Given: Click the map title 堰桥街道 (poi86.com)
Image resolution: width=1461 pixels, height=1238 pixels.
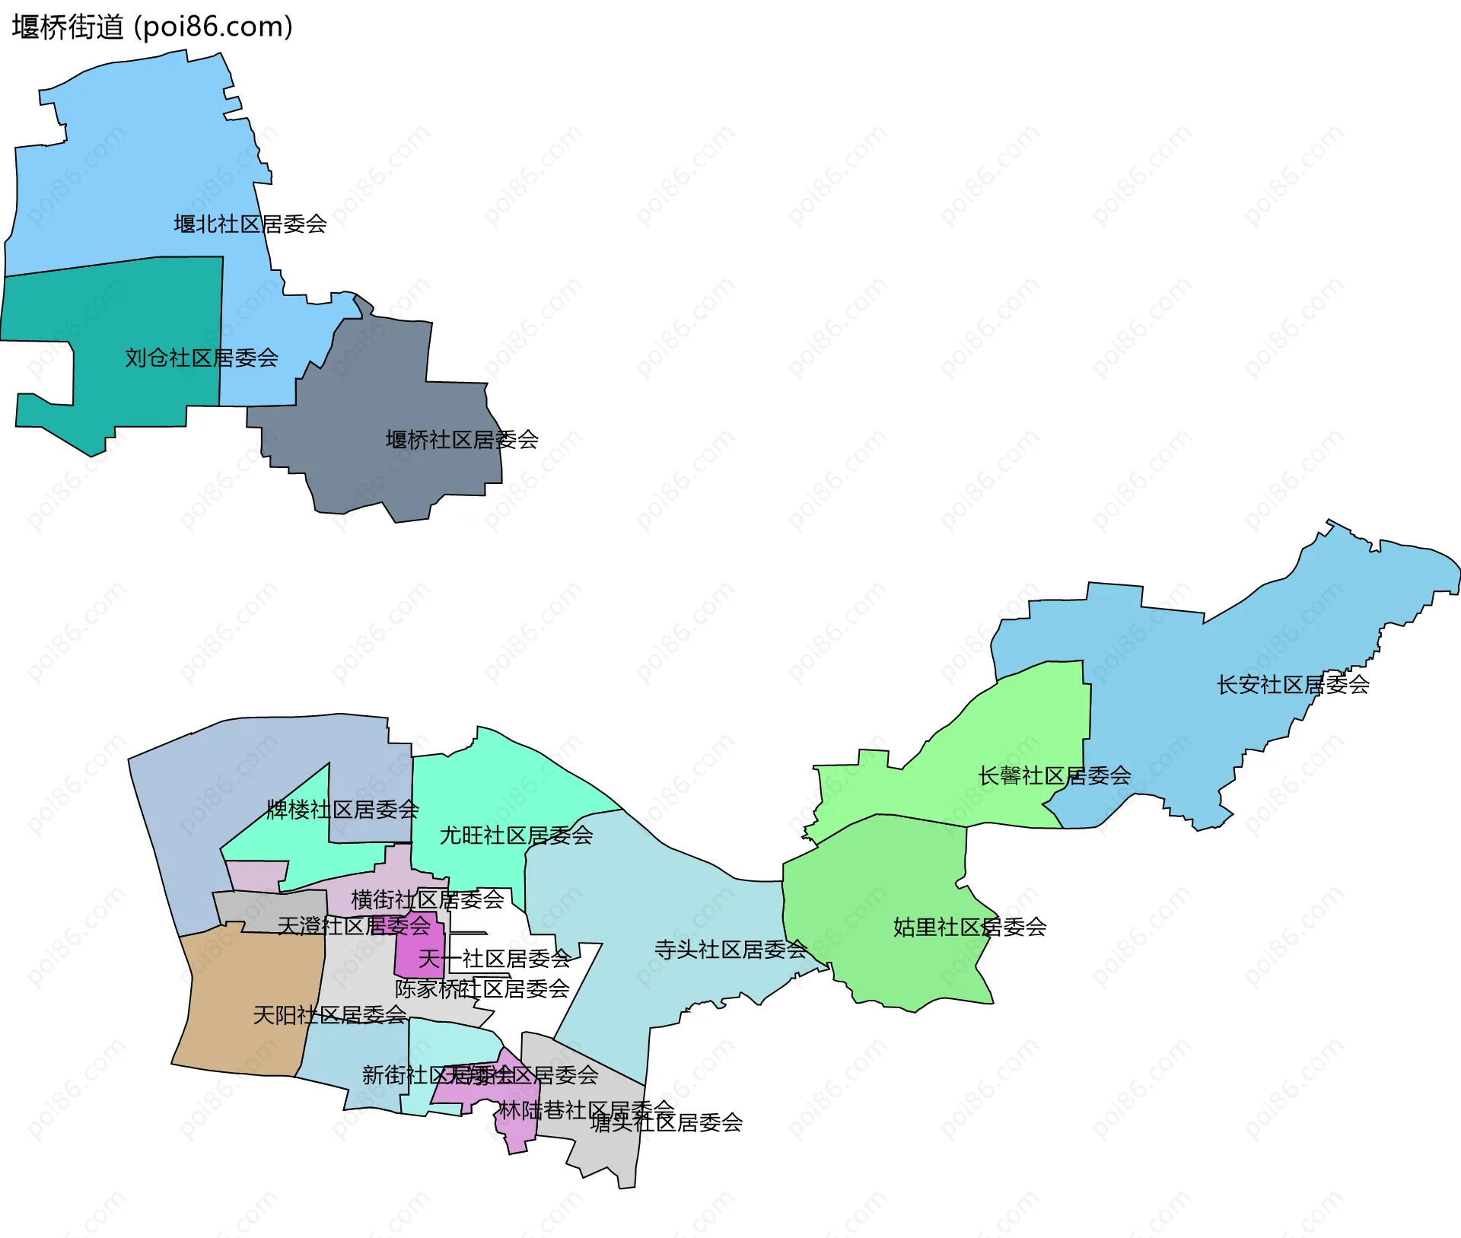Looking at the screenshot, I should [x=152, y=27].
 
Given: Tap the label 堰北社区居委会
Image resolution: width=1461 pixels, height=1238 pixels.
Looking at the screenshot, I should [x=250, y=224].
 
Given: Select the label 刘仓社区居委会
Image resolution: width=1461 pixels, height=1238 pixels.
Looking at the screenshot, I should [x=202, y=358].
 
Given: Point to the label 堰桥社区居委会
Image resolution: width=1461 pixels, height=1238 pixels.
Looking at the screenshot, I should [x=462, y=440].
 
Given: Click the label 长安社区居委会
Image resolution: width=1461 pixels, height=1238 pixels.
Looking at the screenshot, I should [x=1293, y=685].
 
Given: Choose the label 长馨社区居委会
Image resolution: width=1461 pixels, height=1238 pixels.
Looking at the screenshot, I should [x=1054, y=776].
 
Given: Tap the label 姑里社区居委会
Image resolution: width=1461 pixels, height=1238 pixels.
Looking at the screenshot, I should [x=969, y=927].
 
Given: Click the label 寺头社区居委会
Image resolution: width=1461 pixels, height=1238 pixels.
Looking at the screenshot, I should [x=730, y=950].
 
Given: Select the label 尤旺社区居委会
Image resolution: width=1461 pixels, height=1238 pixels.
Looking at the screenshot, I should [x=516, y=835].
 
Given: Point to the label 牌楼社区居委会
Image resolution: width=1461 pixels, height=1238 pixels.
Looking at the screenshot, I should [x=342, y=810].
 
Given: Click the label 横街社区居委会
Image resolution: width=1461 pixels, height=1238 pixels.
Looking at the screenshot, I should [x=427, y=900].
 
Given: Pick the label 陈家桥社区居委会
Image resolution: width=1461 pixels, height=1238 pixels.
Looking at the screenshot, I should [x=482, y=989].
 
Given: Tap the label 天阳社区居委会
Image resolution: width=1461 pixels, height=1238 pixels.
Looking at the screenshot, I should [x=329, y=1015].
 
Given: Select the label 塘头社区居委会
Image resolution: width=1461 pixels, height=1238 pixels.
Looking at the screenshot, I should [x=666, y=1123].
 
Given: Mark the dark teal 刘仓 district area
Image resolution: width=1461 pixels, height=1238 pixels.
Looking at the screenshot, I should [x=145, y=320].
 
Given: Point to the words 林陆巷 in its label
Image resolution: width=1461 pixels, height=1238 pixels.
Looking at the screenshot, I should [x=532, y=1111].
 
